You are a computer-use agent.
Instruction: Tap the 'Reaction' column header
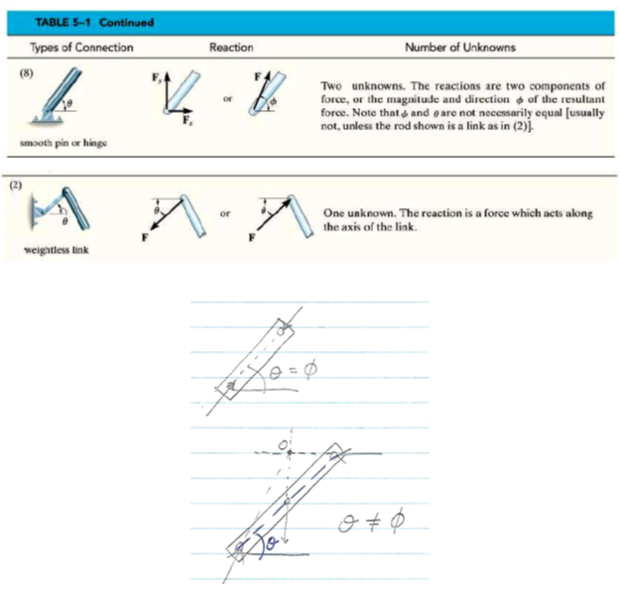pyautogui.click(x=230, y=47)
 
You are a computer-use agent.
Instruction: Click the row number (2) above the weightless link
pyautogui.click(x=17, y=183)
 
